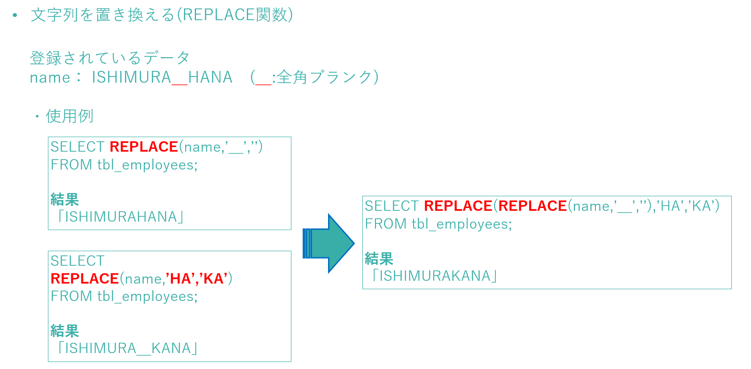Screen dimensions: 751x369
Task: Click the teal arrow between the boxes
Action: [x=329, y=244]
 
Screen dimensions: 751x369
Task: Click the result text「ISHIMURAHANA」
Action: [x=120, y=216]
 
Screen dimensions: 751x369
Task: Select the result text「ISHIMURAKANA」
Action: [x=435, y=276]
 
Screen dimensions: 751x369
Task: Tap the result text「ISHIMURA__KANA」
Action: [x=127, y=348]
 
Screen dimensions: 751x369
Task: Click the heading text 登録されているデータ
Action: [x=110, y=58]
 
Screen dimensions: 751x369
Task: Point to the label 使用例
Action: [x=70, y=116]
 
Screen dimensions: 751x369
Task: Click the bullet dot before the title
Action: [x=15, y=15]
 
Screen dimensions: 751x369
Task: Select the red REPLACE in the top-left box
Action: [x=144, y=146]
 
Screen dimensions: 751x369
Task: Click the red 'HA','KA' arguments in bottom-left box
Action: [x=197, y=278]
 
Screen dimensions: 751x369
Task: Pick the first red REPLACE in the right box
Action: [x=458, y=206]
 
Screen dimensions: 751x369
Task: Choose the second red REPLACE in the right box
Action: [x=532, y=206]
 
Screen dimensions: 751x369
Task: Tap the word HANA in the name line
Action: [x=210, y=77]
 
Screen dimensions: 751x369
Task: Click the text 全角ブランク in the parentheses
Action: [x=325, y=77]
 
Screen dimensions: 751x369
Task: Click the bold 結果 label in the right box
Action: [x=379, y=259]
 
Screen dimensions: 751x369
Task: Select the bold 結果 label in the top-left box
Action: [x=65, y=199]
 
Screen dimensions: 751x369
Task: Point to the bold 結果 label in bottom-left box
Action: [x=65, y=331]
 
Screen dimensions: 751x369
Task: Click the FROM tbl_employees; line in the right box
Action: [x=438, y=223]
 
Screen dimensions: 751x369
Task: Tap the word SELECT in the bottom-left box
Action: [x=78, y=261]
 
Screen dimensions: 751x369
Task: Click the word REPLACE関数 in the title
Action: [x=235, y=15]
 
